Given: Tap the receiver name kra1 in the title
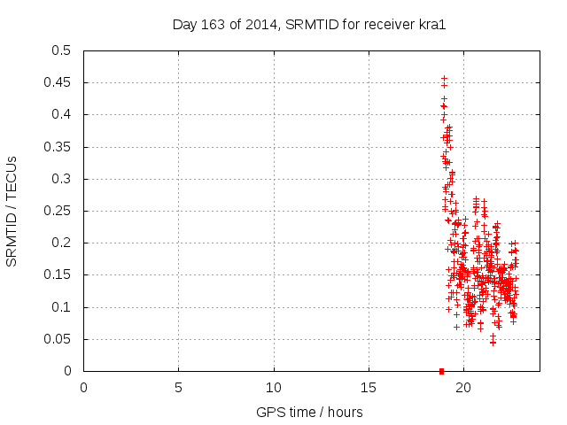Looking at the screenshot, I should pos(430,25).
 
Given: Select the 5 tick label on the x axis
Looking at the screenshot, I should pos(178,388).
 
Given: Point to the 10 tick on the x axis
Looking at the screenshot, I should pos(274,388).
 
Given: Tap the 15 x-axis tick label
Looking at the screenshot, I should pos(369,388).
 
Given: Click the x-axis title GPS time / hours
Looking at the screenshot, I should pos(309,412).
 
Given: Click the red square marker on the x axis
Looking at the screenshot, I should pos(441,371).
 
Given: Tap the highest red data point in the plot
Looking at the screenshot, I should pos(444,78).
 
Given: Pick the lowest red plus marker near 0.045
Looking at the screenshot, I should pos(493,342).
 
